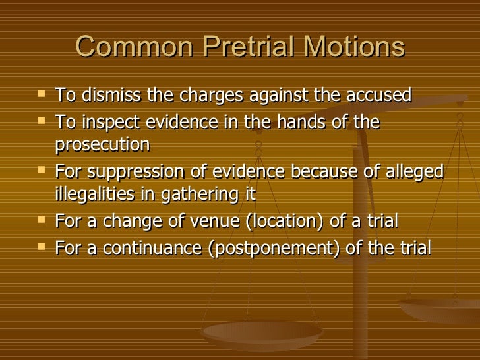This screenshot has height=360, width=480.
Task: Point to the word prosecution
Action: point(102,145)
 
